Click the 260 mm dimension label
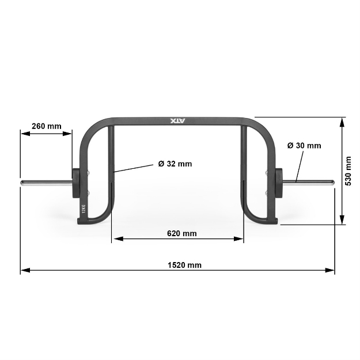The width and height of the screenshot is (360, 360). click(x=47, y=126)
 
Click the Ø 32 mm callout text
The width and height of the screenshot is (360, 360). click(x=175, y=164)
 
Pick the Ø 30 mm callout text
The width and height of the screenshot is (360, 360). click(x=304, y=146)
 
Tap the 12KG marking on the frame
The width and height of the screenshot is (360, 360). click(x=84, y=210)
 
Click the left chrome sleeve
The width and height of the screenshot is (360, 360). click(x=46, y=183)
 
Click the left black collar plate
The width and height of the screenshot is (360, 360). click(x=77, y=183)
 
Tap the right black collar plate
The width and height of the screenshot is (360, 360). click(x=279, y=183)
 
